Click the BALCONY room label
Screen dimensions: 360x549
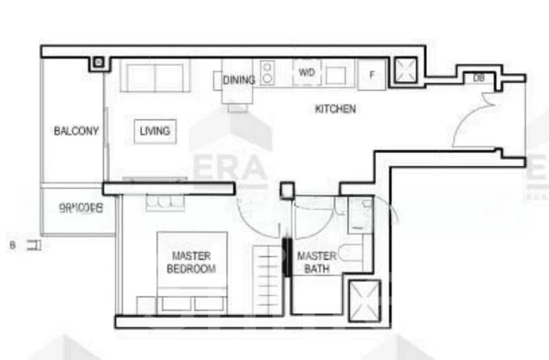(x=76, y=131)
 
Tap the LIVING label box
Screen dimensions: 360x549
(x=154, y=130)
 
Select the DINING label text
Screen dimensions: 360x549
(x=239, y=80)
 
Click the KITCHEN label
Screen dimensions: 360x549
(x=335, y=108)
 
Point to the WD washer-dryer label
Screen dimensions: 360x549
(x=306, y=72)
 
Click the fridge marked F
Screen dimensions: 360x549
(x=371, y=75)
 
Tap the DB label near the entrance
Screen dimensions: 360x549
(x=478, y=78)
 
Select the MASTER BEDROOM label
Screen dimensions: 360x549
(x=191, y=262)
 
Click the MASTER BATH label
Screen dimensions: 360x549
(x=316, y=262)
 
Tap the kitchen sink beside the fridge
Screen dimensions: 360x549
(x=336, y=74)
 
